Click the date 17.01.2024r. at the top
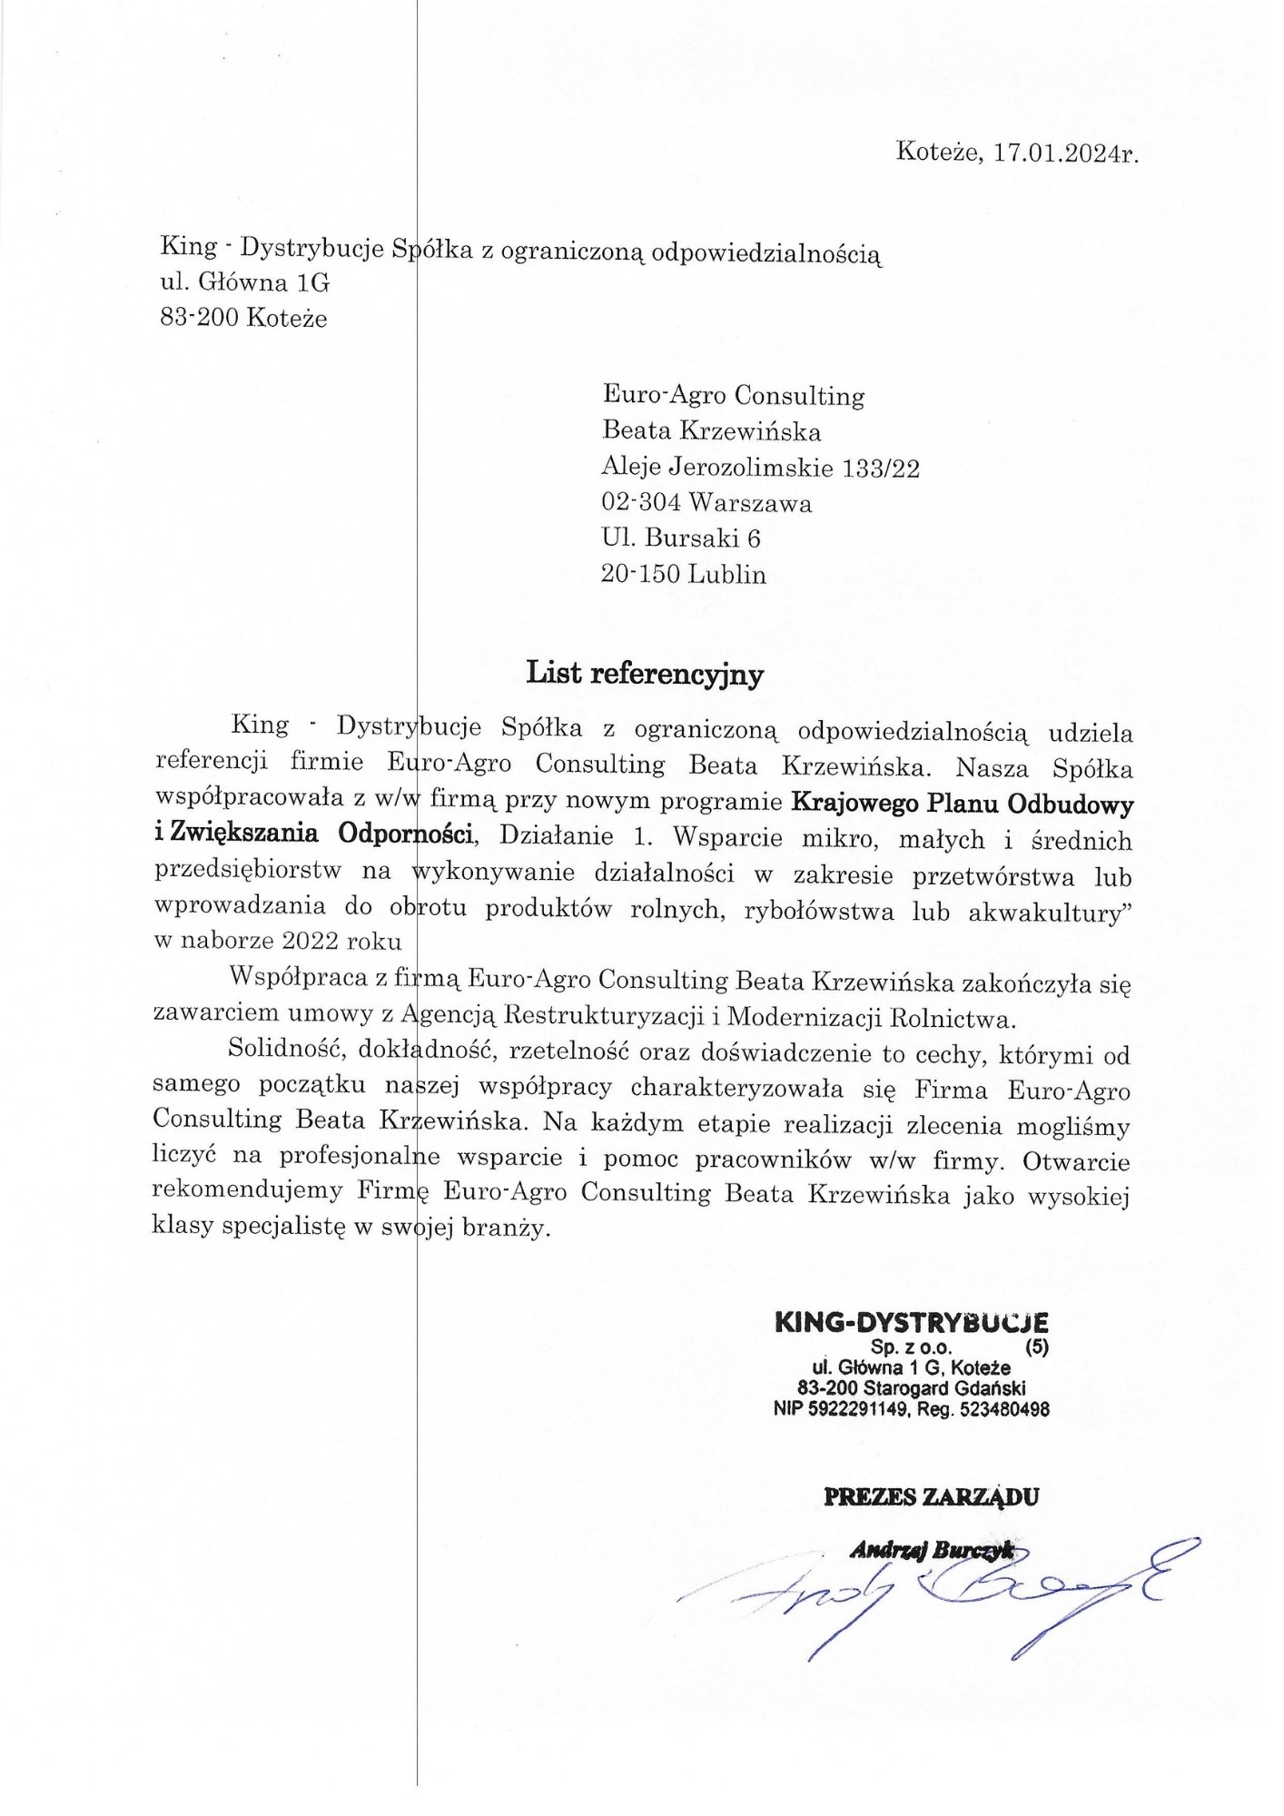pyautogui.click(x=1066, y=153)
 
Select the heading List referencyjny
pyautogui.click(x=645, y=674)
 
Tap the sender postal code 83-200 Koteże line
pyautogui.click(x=243, y=318)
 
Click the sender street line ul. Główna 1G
pyautogui.click(x=245, y=282)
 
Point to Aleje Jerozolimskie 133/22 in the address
pyautogui.click(x=760, y=468)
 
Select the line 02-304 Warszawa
pyautogui.click(x=706, y=503)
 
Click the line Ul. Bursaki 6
pyautogui.click(x=681, y=538)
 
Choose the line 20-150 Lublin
pyautogui.click(x=684, y=575)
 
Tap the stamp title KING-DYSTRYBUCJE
pyautogui.click(x=911, y=1322)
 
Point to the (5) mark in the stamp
pyautogui.click(x=1036, y=1347)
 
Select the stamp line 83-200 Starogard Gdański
pyautogui.click(x=911, y=1388)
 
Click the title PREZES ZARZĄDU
pyautogui.click(x=931, y=1497)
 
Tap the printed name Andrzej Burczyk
pyautogui.click(x=931, y=1552)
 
